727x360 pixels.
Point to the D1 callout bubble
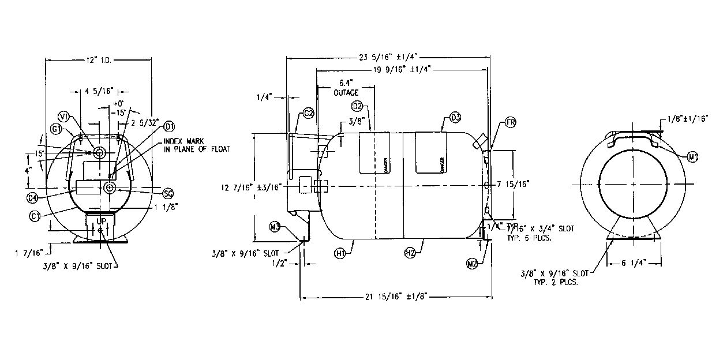170,126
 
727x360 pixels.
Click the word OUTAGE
346,92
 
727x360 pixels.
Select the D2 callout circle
357,106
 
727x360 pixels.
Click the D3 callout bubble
455,118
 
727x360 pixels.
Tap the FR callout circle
509,123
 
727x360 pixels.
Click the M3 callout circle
275,226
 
